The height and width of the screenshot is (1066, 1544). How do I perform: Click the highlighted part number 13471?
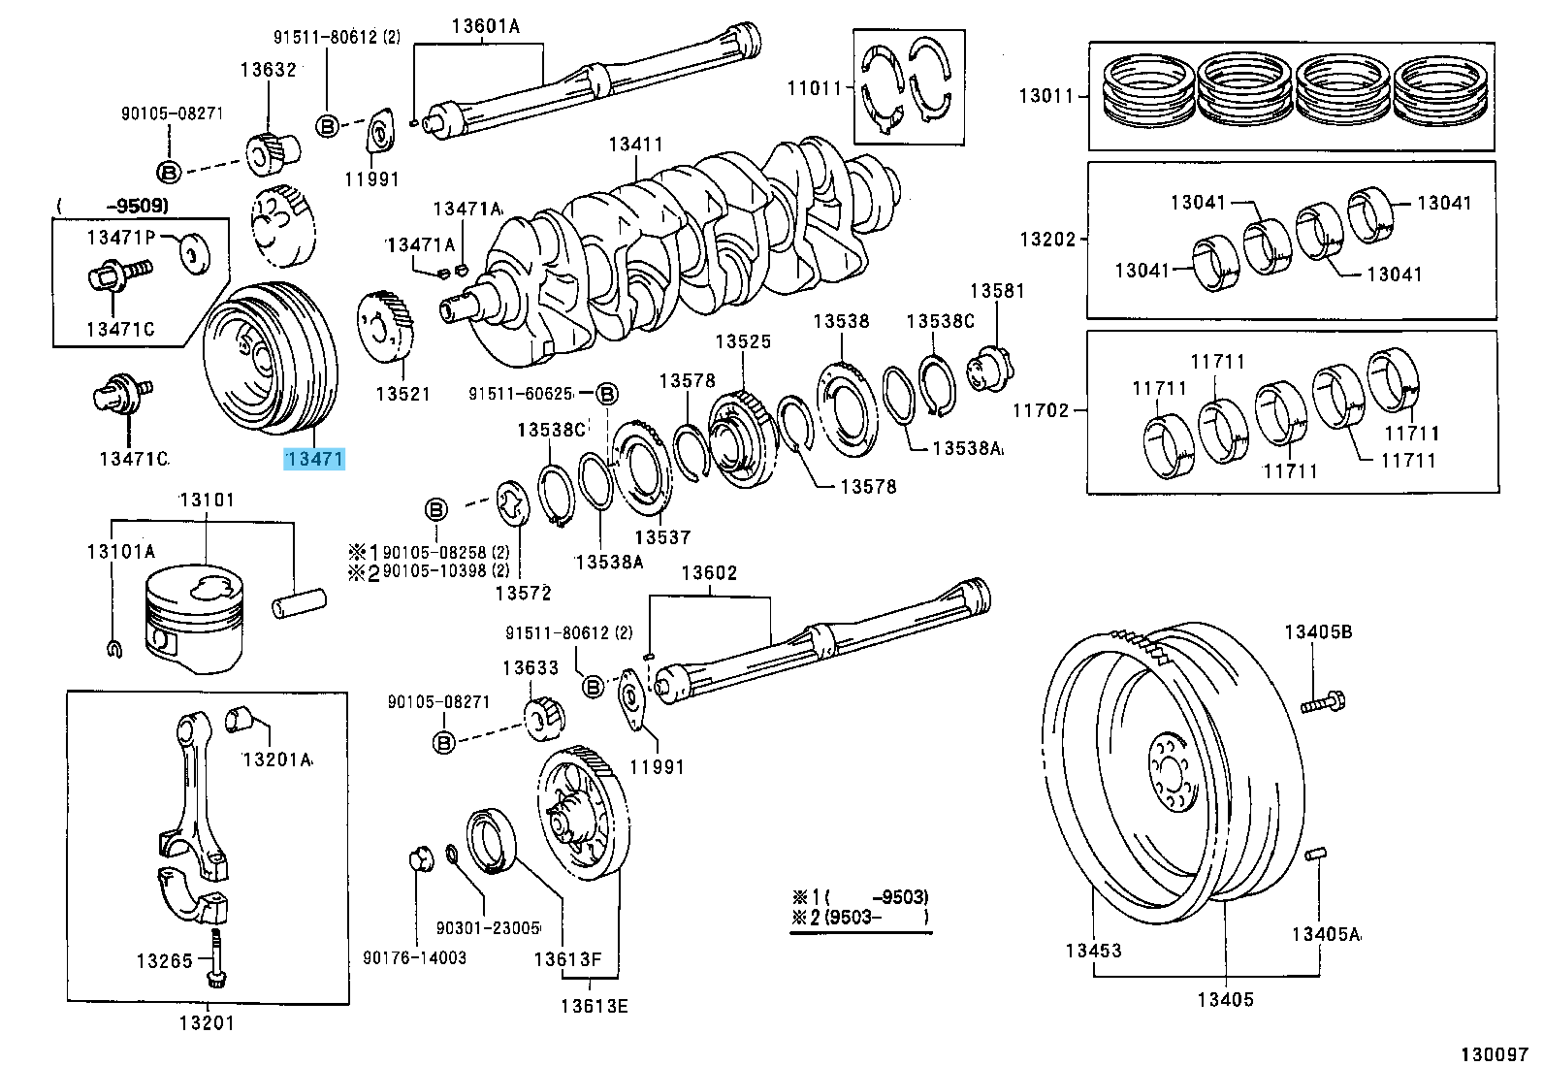[314, 459]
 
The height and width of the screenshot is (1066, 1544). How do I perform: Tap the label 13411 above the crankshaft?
[636, 145]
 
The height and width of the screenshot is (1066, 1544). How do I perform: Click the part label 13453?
[1093, 951]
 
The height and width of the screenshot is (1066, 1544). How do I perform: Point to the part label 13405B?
[1318, 631]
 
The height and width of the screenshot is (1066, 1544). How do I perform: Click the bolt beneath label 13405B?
[1323, 702]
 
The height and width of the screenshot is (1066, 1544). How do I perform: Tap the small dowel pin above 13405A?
[1315, 855]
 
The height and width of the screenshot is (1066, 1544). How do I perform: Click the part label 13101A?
[120, 551]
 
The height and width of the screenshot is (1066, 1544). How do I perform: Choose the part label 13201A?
[276, 759]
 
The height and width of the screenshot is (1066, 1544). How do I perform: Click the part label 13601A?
[485, 26]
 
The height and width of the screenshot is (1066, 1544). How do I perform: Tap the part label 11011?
[815, 89]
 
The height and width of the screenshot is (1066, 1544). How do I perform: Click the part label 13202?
[1047, 240]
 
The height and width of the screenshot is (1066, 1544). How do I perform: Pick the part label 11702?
[1041, 410]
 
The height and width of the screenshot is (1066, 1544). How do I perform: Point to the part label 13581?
[997, 290]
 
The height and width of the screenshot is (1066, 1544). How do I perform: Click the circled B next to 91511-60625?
[606, 393]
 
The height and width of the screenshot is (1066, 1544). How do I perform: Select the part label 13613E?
[594, 1006]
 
